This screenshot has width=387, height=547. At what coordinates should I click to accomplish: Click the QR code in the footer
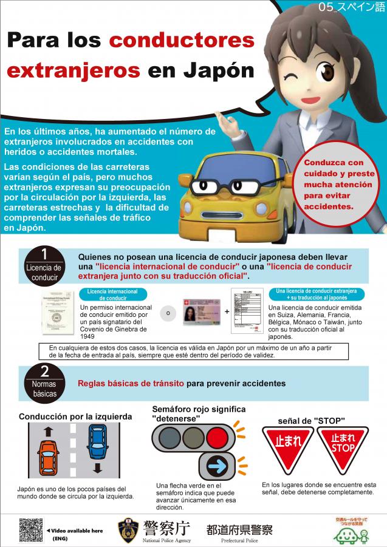click(31, 530)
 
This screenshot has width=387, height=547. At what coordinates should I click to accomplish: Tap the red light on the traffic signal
click(217, 437)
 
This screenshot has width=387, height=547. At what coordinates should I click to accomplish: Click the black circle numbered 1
click(44, 254)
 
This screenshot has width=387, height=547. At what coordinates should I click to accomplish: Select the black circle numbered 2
click(44, 372)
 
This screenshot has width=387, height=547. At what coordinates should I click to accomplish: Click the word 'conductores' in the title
click(182, 41)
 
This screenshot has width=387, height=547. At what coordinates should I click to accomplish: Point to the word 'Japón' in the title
click(216, 70)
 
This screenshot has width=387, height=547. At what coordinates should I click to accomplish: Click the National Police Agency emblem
click(128, 529)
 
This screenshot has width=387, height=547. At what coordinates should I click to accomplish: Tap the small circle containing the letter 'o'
click(168, 313)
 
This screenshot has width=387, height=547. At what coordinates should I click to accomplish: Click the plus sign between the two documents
click(227, 311)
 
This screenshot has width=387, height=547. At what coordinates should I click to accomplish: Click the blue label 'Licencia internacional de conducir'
click(112, 295)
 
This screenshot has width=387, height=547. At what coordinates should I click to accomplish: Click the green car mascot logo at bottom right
click(347, 534)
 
